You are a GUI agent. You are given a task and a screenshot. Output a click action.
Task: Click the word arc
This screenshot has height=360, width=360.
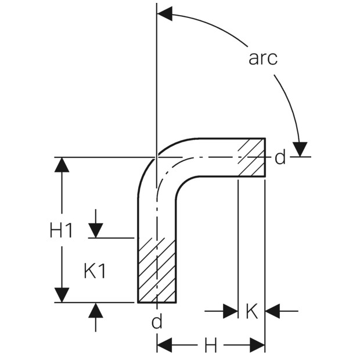pos(263,58)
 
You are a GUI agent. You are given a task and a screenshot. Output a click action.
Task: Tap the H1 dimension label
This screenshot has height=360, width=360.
pos(62,231)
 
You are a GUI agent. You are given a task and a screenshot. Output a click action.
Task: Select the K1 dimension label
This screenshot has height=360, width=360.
pos(95,271)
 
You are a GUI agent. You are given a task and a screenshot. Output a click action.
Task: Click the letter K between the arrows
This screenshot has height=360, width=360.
pos(252,311)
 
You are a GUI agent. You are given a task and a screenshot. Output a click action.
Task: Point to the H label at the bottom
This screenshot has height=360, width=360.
pos(211,345)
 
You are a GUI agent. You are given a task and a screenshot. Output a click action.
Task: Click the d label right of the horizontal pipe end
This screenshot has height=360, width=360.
pos(280,157)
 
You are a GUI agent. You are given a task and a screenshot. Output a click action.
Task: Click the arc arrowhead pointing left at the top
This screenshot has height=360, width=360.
pos(165,14)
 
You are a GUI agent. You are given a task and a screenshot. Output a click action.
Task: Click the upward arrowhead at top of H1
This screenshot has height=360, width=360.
pos(62,165)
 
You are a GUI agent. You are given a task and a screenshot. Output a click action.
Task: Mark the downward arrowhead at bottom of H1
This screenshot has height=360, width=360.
pos(62,295)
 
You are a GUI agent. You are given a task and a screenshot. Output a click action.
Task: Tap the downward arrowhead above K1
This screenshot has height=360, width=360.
pos(95,231)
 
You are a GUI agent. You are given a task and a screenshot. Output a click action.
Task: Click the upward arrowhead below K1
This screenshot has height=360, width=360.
pos(95,310)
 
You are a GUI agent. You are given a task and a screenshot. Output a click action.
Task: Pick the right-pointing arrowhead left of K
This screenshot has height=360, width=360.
pos(231,311)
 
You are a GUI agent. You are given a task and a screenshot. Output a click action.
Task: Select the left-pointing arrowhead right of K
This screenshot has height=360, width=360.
pos(272,311)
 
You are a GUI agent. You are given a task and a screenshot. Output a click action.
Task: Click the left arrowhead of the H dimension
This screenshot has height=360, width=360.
pos(165,345)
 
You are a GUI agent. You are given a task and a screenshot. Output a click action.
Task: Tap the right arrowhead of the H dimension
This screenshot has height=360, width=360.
pos(257,345)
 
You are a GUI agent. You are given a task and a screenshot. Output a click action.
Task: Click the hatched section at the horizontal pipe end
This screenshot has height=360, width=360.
pos(252,157)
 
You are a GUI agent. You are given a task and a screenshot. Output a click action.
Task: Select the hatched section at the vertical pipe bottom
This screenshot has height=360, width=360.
pos(157,270)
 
